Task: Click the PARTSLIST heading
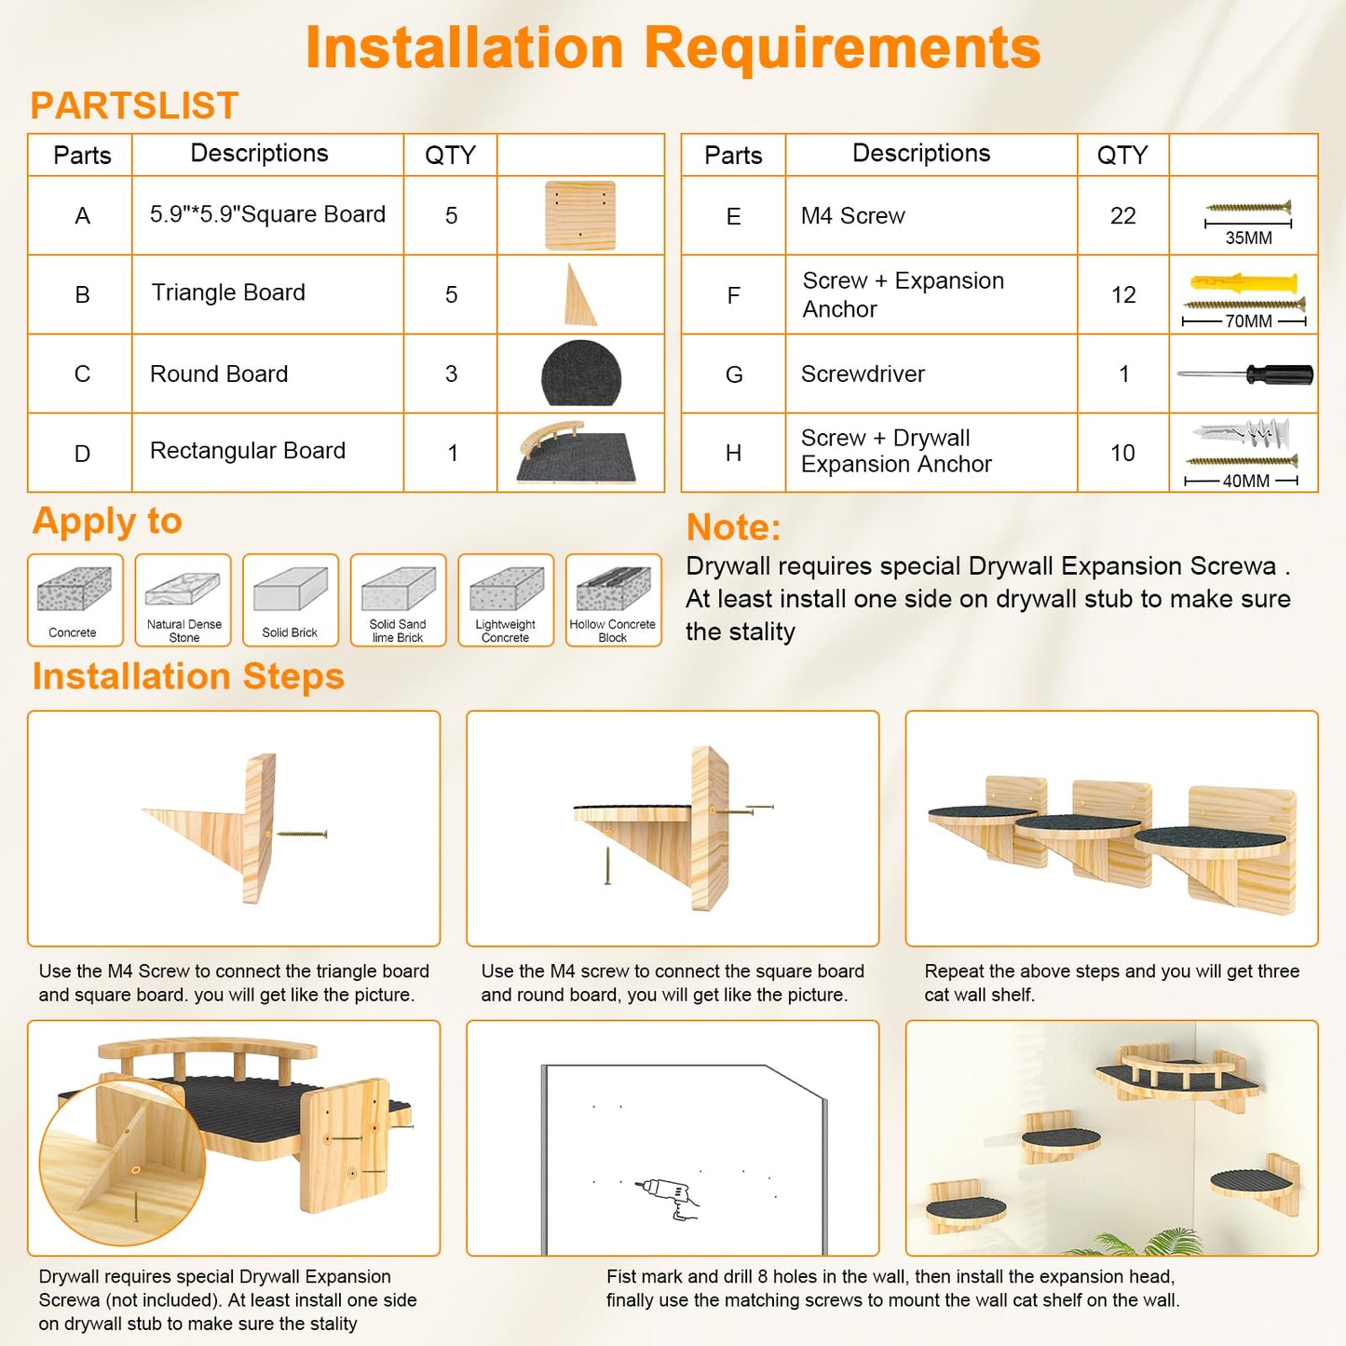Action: click(x=134, y=105)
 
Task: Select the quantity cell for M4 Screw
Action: click(x=1122, y=215)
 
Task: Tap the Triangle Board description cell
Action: click(x=267, y=294)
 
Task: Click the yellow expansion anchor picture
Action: click(x=1244, y=283)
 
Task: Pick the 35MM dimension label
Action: click(x=1248, y=238)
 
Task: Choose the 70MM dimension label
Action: click(x=1248, y=321)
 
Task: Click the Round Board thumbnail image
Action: click(x=581, y=373)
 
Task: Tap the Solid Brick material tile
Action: click(x=291, y=600)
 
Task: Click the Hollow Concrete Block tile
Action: click(x=613, y=600)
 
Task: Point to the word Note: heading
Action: click(x=733, y=527)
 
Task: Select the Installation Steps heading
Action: click(x=188, y=676)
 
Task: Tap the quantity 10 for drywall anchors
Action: click(x=1122, y=453)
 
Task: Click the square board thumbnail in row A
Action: click(x=580, y=215)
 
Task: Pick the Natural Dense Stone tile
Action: click(x=183, y=600)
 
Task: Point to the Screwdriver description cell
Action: click(x=931, y=374)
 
